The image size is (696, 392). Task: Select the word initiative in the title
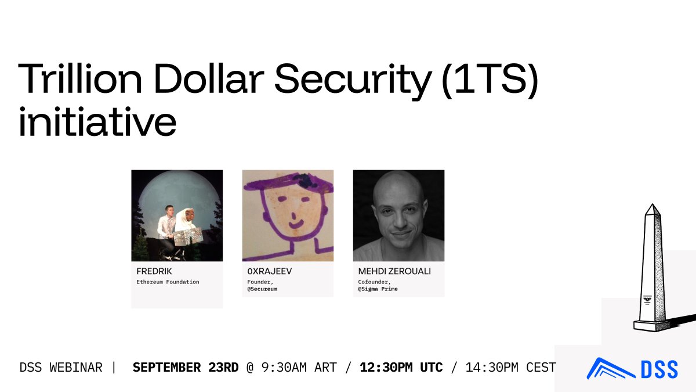click(97, 122)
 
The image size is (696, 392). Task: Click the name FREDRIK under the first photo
click(154, 271)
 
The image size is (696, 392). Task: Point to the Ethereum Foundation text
click(168, 282)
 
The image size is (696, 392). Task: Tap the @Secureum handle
click(262, 289)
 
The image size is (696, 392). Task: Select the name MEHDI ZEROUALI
click(394, 271)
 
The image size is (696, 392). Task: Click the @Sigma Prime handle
click(378, 289)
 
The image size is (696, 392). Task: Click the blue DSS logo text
click(659, 369)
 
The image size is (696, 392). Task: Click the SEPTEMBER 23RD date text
click(186, 368)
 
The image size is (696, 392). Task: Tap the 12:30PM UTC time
click(401, 368)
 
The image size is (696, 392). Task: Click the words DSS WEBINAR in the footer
click(61, 368)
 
